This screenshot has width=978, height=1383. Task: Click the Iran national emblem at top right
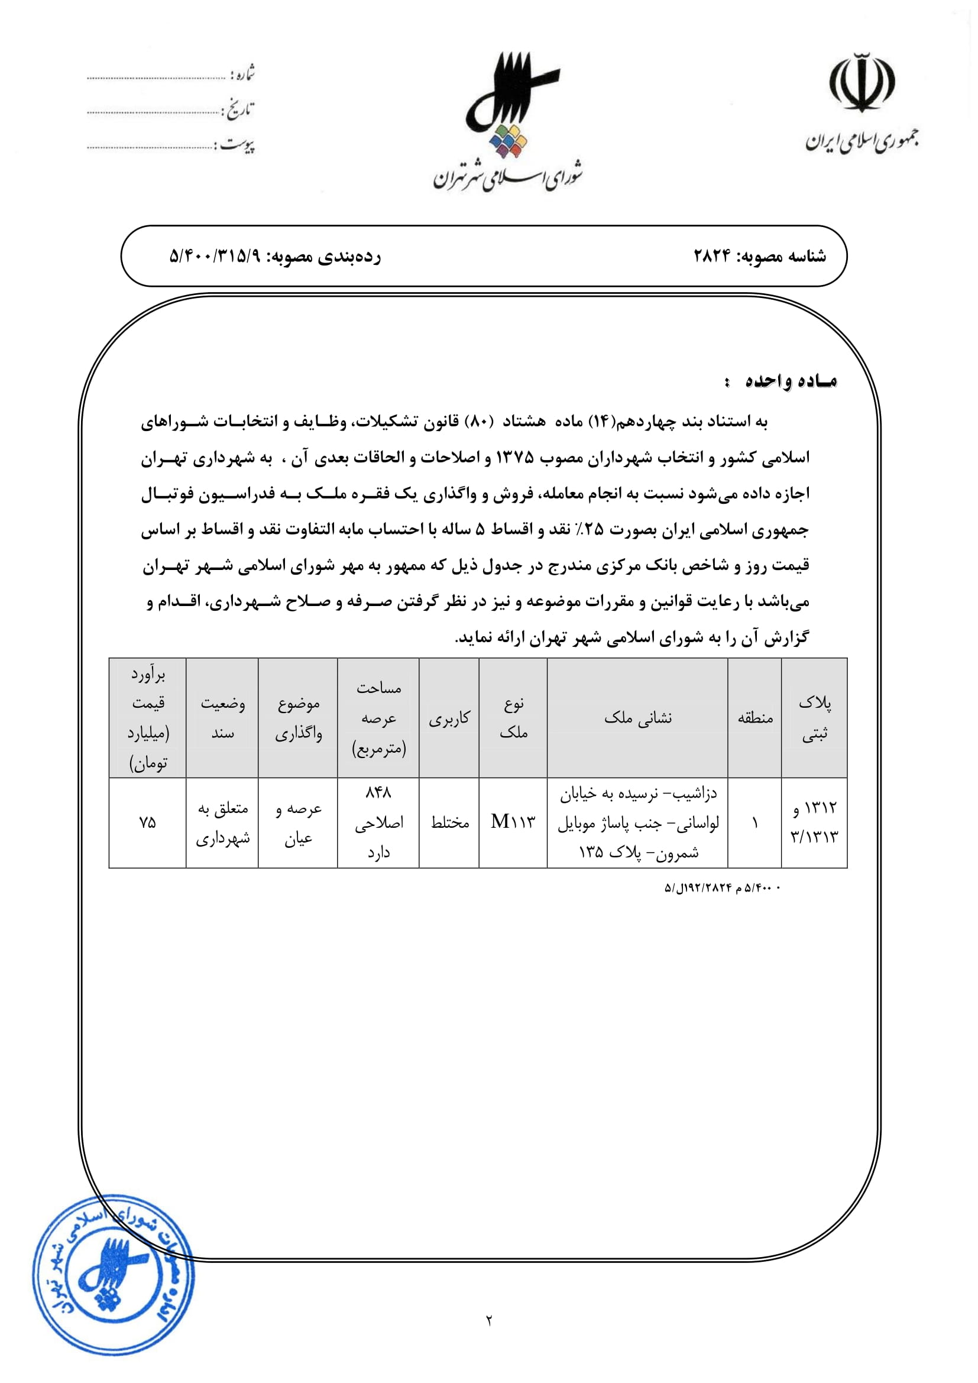click(862, 83)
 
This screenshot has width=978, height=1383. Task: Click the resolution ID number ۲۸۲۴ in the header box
click(712, 256)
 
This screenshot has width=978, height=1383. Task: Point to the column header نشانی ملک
click(637, 717)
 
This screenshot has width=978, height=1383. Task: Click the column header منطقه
click(754, 717)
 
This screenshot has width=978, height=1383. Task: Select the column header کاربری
click(449, 718)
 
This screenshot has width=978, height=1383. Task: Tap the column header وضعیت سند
click(222, 717)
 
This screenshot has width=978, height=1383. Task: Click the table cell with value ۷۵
click(148, 822)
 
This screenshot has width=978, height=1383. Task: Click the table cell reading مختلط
click(449, 822)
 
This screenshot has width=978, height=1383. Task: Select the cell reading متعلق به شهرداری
click(222, 823)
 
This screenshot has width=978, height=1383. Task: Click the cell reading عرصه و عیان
click(298, 823)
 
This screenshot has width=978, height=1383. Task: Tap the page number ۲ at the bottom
click(489, 1320)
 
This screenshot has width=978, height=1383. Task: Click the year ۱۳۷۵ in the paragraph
click(514, 458)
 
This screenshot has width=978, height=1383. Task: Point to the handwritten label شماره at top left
click(242, 74)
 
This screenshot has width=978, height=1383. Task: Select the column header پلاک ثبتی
click(814, 717)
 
